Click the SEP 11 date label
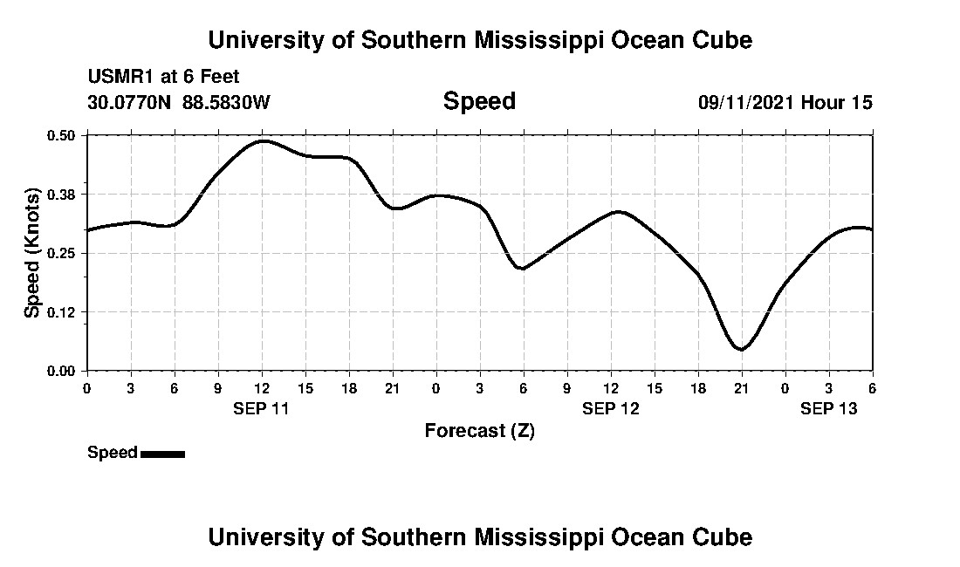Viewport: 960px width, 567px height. pos(262,408)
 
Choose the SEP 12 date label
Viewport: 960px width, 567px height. pos(611,408)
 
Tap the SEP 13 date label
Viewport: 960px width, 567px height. pos(829,408)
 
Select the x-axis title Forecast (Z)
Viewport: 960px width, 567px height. pos(479,431)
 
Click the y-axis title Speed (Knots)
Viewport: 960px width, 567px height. pos(32,252)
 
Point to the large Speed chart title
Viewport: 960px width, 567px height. pos(479,101)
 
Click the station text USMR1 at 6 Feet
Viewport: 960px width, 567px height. pos(163,77)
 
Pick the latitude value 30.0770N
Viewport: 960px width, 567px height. pos(130,102)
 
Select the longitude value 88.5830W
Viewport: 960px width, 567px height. pos(226,102)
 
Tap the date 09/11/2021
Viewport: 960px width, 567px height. pos(745,102)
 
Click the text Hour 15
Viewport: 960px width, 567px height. pos(837,102)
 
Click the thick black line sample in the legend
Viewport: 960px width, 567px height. pos(162,454)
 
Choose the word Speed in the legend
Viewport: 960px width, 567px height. pos(113,453)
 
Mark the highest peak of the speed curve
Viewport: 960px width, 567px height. pos(264,140)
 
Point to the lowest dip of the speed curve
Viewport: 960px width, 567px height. pos(741,349)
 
